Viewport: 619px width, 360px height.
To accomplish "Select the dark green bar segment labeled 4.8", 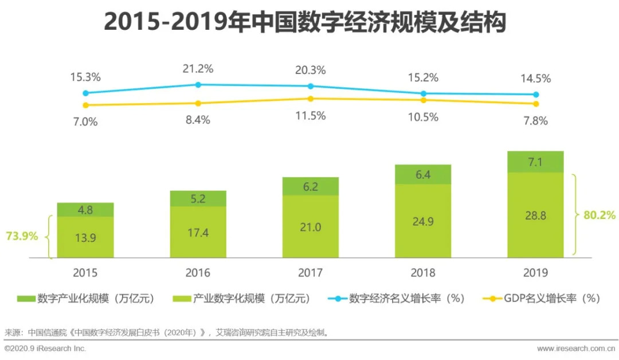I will point(85,209).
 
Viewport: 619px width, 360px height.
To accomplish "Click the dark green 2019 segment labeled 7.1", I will point(535,162).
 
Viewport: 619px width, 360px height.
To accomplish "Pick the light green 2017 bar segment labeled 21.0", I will point(310,227).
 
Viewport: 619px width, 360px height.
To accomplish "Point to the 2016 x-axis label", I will point(198,273).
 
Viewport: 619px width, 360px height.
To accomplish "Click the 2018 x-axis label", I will point(423,273).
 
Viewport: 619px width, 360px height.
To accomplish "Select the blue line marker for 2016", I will point(198,84).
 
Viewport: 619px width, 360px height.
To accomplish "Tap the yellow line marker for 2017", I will point(311,99).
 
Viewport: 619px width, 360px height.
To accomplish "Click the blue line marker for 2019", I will point(536,95).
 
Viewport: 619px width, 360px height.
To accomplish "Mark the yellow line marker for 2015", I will point(85,105).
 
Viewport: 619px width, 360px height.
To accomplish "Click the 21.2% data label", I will point(198,69).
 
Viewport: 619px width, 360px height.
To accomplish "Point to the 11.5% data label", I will point(311,116).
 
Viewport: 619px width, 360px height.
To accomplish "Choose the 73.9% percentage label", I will point(22,236).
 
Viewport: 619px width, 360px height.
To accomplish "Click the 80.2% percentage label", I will point(600,216).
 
